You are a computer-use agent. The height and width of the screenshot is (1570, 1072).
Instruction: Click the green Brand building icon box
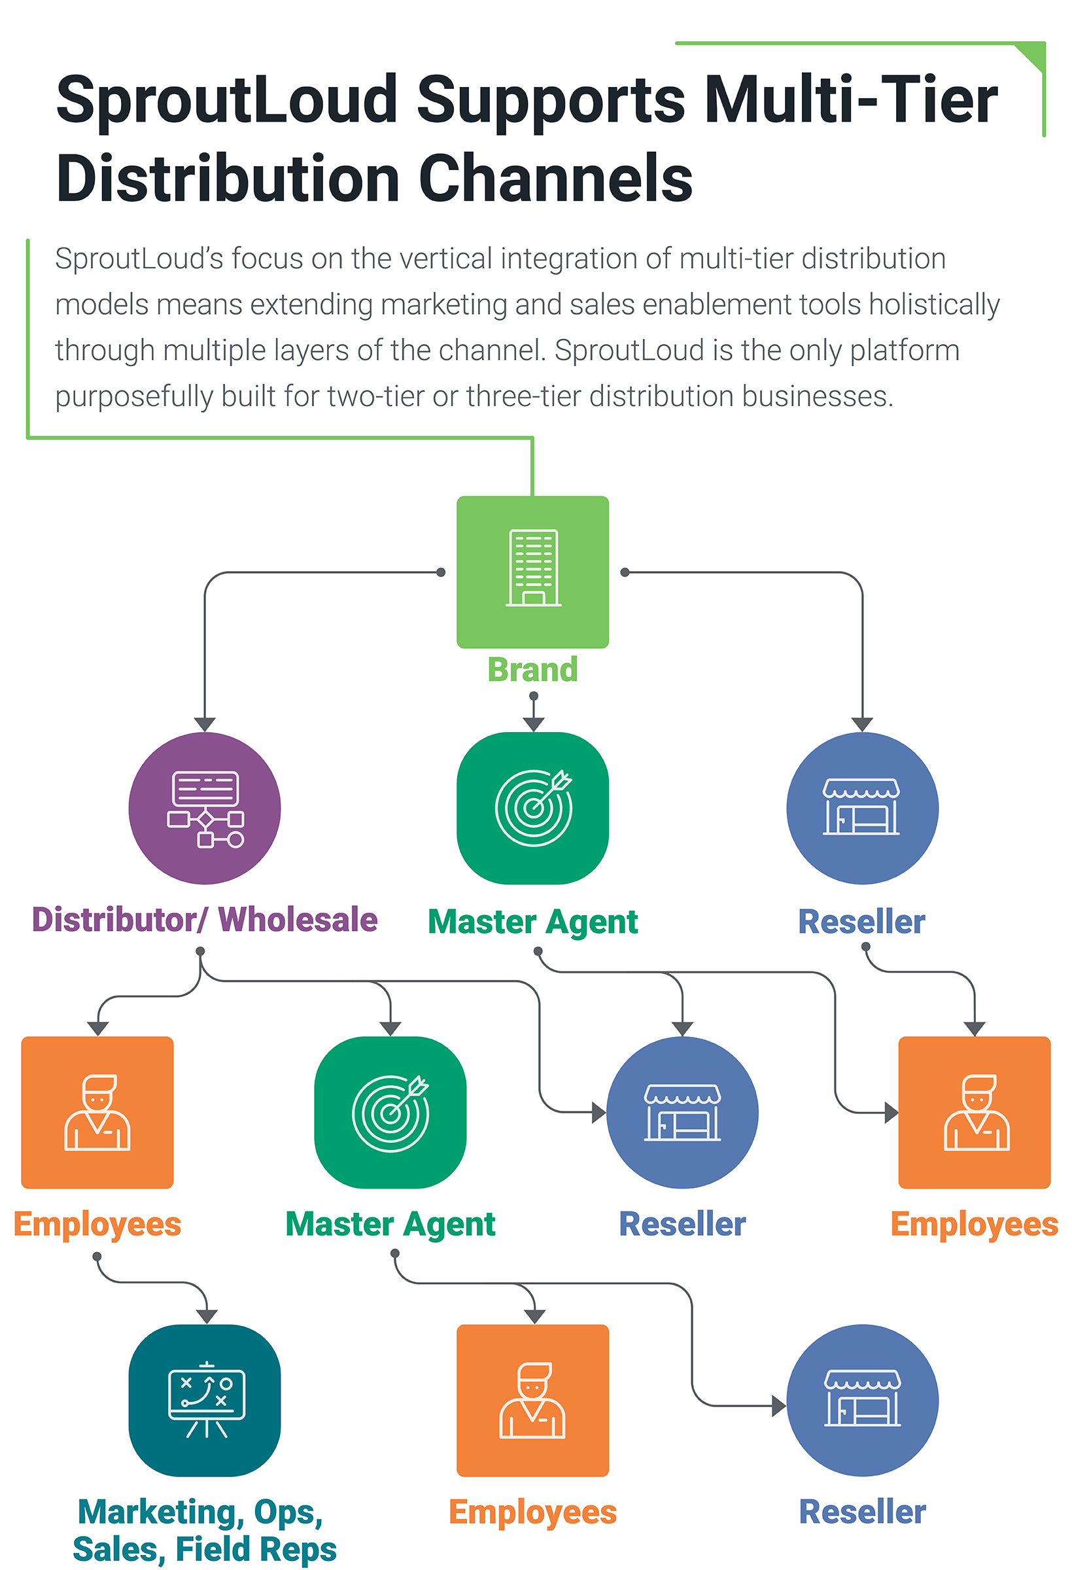coord(532,572)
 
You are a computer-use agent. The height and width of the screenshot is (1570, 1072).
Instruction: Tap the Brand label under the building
coord(532,669)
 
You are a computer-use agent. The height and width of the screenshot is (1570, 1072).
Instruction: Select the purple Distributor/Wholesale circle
coord(204,808)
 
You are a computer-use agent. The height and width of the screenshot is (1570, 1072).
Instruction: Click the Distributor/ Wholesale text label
coord(204,920)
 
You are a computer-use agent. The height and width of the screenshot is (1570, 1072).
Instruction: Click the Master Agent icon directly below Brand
coord(532,808)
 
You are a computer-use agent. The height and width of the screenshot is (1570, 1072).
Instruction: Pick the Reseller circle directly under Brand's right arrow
coord(862,808)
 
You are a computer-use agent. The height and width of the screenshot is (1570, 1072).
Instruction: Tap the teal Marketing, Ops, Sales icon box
coord(204,1400)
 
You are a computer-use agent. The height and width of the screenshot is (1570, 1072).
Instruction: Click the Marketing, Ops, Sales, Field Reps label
coord(204,1530)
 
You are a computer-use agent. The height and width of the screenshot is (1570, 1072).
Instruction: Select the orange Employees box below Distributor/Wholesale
coord(97,1112)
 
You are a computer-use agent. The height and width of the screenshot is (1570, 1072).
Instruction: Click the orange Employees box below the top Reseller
coord(974,1112)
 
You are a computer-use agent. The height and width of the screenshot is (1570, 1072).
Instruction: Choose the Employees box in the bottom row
coord(532,1400)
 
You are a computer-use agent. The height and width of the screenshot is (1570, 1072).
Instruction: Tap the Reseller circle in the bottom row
coord(862,1400)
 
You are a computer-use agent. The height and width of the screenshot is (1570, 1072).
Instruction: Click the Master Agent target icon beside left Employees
coord(390,1112)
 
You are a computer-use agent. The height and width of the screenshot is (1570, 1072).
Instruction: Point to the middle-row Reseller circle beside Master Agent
coord(682,1112)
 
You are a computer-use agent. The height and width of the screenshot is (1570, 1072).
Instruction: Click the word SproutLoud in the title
coord(226,99)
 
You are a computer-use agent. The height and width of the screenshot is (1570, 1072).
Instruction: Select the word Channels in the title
coord(555,179)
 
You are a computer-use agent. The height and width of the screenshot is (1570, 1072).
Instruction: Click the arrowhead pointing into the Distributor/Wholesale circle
coord(204,724)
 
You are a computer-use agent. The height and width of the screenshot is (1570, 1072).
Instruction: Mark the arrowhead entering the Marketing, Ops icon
coord(207,1316)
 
